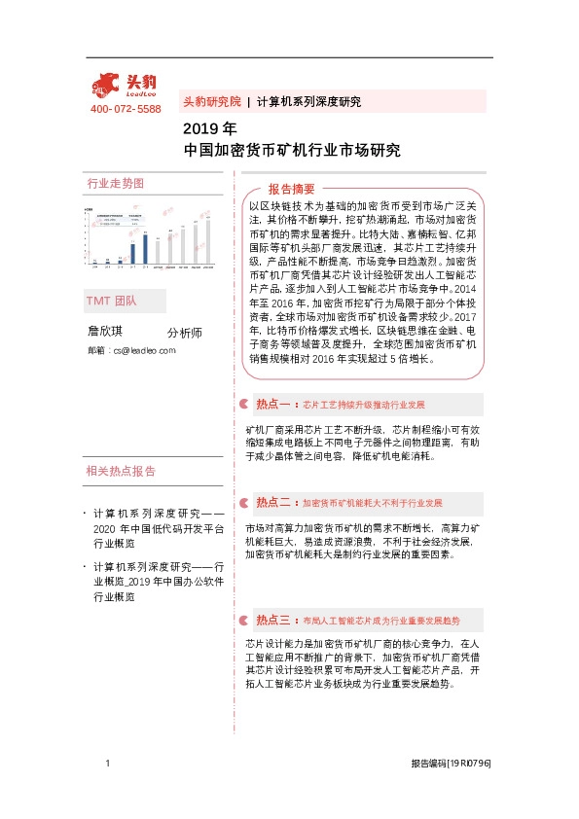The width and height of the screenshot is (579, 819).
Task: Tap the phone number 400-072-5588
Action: pyautogui.click(x=126, y=109)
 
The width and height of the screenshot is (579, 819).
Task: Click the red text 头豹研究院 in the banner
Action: pyautogui.click(x=211, y=101)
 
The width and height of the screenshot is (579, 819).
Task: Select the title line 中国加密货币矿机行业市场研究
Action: pyautogui.click(x=292, y=151)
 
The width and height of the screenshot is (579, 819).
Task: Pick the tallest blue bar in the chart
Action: pyautogui.click(x=145, y=249)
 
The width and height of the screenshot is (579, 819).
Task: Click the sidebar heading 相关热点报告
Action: pyautogui.click(x=121, y=472)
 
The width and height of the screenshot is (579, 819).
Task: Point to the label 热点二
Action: pyautogui.click(x=273, y=503)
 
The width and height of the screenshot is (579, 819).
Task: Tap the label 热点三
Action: pyautogui.click(x=273, y=619)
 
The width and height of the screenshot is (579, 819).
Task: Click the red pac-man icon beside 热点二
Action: pyautogui.click(x=244, y=503)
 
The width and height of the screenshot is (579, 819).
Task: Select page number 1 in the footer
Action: pyautogui.click(x=106, y=765)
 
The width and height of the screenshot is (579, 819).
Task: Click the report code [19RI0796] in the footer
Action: pyautogui.click(x=470, y=766)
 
